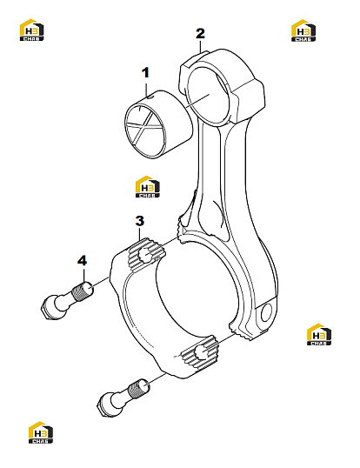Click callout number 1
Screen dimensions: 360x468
[x=145, y=73]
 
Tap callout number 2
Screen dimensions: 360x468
[x=200, y=34]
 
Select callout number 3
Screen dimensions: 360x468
[x=140, y=221]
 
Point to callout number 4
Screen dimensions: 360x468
[x=82, y=261]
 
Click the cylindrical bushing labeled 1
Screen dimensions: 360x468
[x=158, y=124]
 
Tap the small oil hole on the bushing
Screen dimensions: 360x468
[x=150, y=97]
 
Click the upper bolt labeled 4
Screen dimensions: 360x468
[x=66, y=301]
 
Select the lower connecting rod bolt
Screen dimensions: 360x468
[x=123, y=397]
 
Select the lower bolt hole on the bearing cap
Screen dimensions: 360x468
[x=202, y=352]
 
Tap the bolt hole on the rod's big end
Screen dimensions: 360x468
[x=266, y=312]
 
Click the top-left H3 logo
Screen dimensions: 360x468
[x=32, y=30]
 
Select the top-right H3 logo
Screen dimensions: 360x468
[x=303, y=30]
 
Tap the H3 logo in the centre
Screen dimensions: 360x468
[x=148, y=186]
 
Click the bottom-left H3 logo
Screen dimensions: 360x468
[x=41, y=432]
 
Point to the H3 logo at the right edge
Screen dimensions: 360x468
[x=319, y=334]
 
